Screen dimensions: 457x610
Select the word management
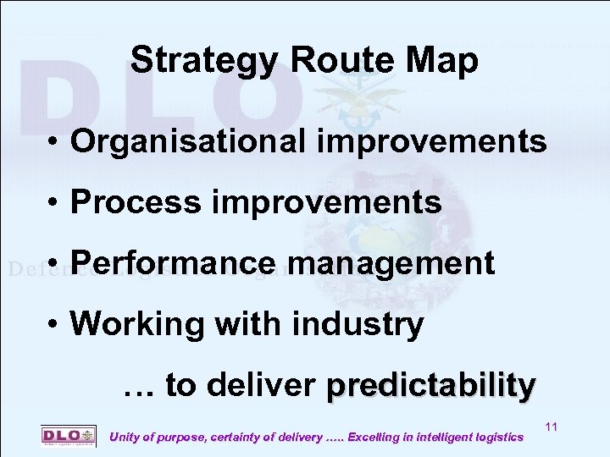(x=391, y=263)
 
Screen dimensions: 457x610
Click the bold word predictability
(x=431, y=386)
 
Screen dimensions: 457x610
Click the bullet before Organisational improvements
(x=53, y=142)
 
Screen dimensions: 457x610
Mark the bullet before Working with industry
(x=53, y=325)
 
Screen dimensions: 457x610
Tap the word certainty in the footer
(x=232, y=438)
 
